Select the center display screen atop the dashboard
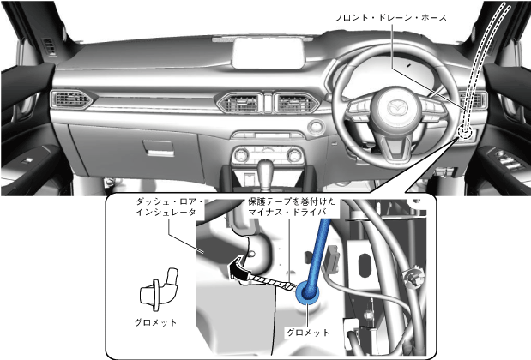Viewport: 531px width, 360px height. tap(270, 53)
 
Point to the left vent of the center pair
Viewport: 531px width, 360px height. tap(238, 103)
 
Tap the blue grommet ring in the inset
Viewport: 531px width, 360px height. tap(307, 295)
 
